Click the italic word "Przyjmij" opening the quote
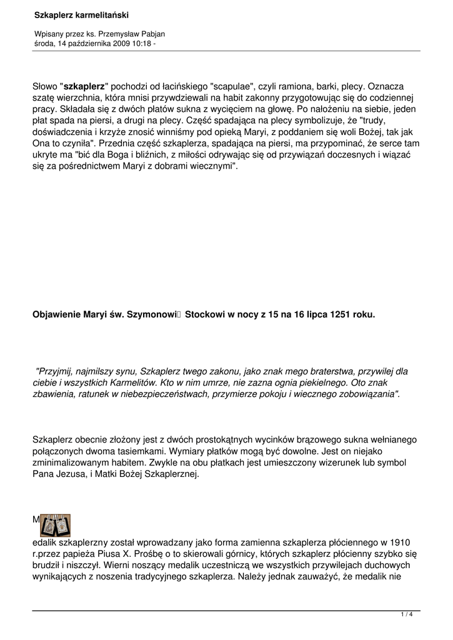[56, 371]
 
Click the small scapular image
[56, 525]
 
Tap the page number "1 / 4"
[407, 615]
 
